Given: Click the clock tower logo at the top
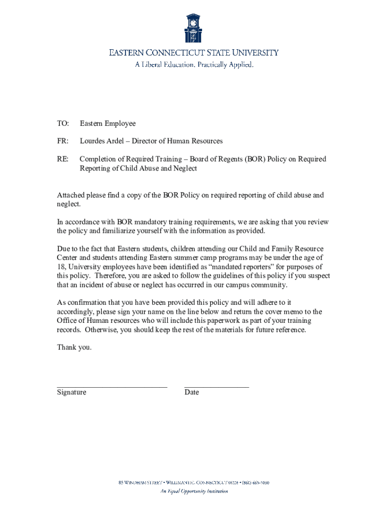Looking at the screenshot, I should coord(193,29).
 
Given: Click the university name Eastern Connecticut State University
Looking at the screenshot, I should coord(194,53).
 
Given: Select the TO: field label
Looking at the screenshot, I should coord(62,124).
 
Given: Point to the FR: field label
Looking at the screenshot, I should coord(62,141).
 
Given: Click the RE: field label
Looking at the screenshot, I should coord(62,159).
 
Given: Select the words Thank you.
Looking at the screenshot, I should coord(74,347).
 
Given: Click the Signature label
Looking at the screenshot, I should coord(72,392).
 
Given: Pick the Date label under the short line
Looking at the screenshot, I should coord(191,392).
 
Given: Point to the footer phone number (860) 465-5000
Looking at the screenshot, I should coord(254,483).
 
